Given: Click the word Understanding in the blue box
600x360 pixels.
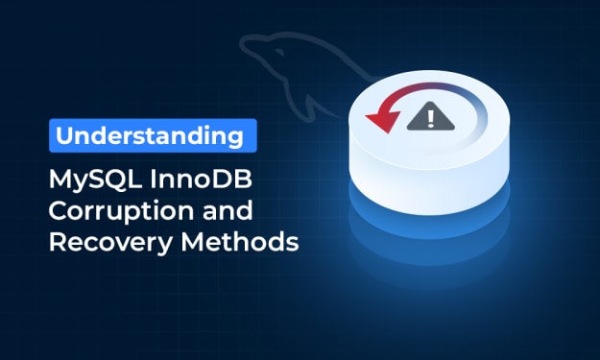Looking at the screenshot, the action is coord(150,136).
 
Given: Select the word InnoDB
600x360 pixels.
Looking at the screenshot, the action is coord(201,179).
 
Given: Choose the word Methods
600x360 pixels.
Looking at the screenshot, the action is coord(240,242).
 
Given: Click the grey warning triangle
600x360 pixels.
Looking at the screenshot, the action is coord(430,117).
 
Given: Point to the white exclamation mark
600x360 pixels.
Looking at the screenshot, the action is coord(431,119).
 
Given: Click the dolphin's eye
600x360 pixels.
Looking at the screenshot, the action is coord(279,53).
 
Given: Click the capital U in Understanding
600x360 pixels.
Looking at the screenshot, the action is coord(65,135).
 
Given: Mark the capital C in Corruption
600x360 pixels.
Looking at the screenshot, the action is coord(59,210).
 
